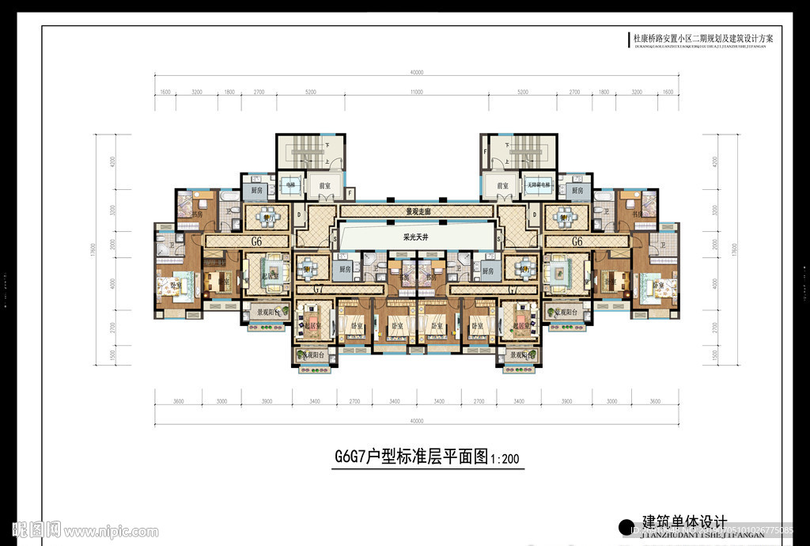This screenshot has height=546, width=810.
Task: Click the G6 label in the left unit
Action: coord(257,241)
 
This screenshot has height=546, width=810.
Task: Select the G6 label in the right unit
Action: coord(577,241)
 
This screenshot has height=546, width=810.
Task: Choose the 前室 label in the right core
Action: coord(502,186)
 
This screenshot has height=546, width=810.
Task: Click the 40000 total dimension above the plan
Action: coord(417,72)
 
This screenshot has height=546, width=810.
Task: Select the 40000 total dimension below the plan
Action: coord(417,421)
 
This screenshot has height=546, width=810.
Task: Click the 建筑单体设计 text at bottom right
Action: coord(683,521)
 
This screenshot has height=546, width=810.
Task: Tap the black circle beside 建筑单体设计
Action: coord(626,527)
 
